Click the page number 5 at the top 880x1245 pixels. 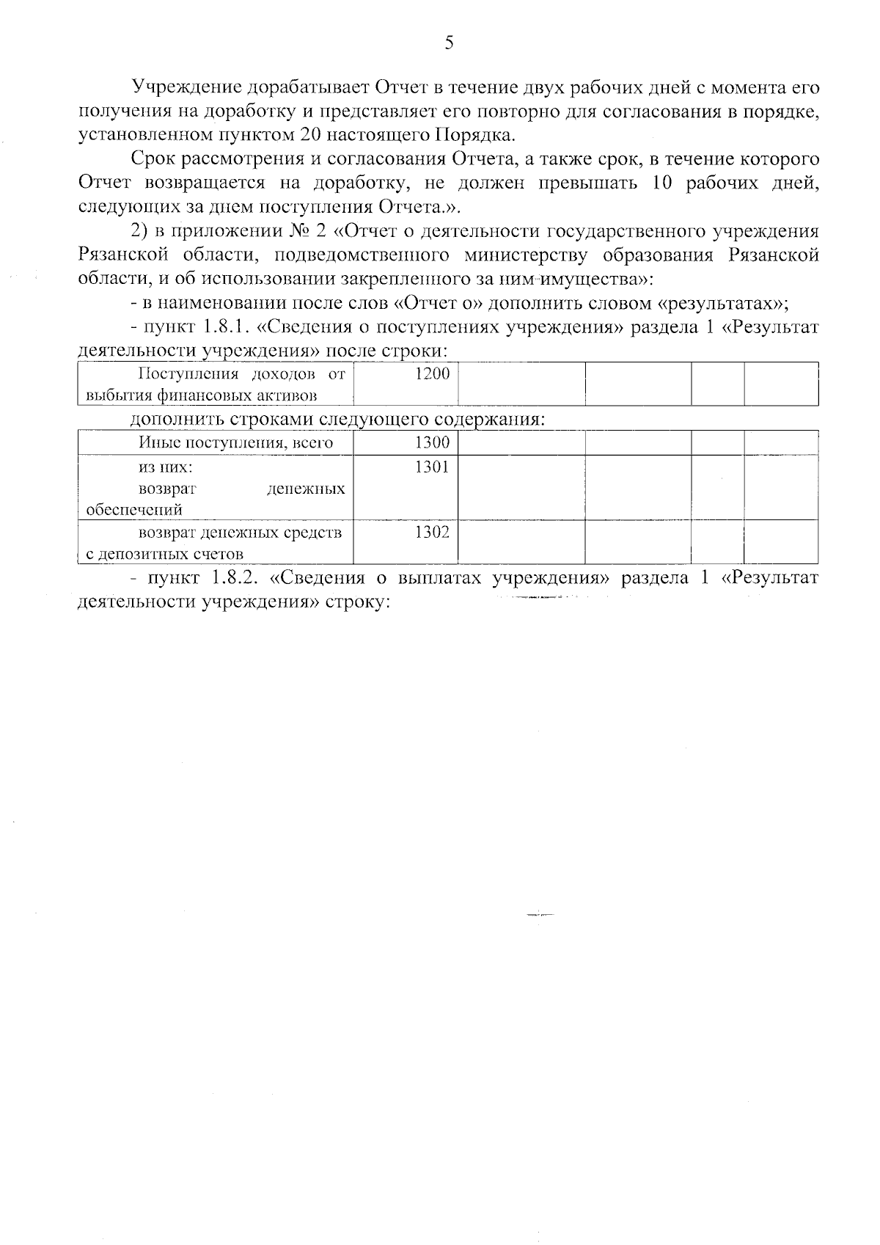pyautogui.click(x=449, y=43)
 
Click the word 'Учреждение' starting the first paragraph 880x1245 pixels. pyautogui.click(x=187, y=87)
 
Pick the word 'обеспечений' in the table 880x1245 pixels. pyautogui.click(x=134, y=509)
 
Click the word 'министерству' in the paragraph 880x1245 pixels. pyautogui.click(x=525, y=255)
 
